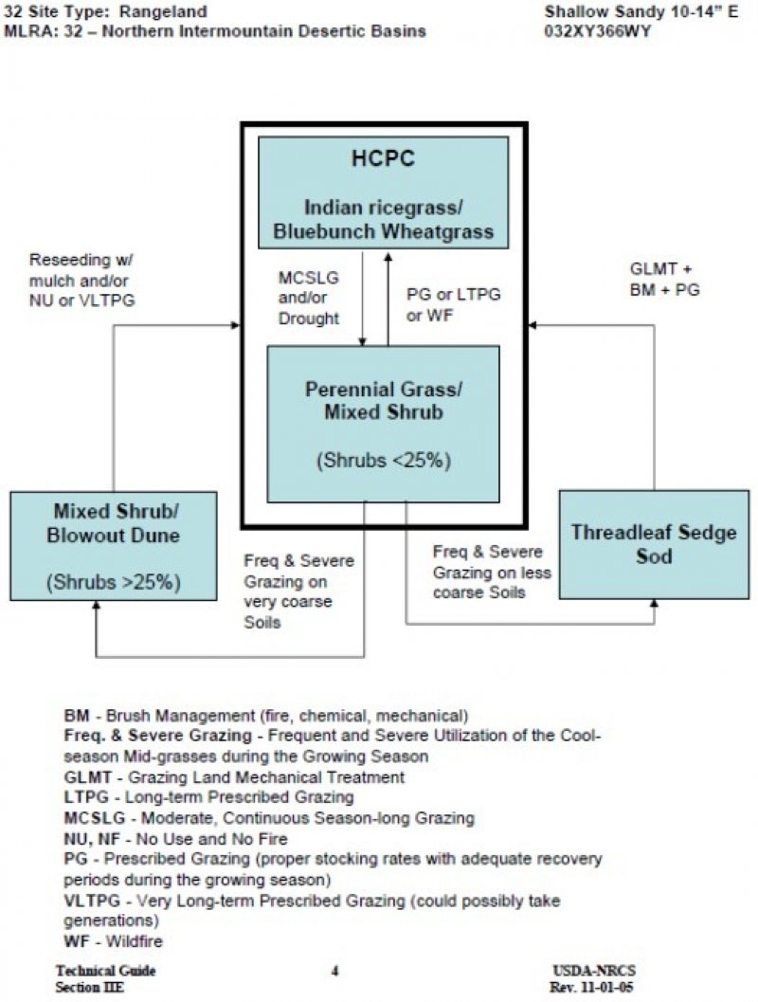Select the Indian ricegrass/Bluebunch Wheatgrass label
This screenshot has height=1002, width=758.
384,220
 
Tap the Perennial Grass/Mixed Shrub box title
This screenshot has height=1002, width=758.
383,401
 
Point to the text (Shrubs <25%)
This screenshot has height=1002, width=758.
383,462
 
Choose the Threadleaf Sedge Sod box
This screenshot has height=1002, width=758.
654,544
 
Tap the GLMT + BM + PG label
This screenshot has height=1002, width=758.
665,281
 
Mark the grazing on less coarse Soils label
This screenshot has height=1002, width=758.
492,573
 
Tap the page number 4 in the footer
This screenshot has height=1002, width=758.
335,971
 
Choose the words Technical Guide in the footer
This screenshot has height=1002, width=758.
105,971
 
